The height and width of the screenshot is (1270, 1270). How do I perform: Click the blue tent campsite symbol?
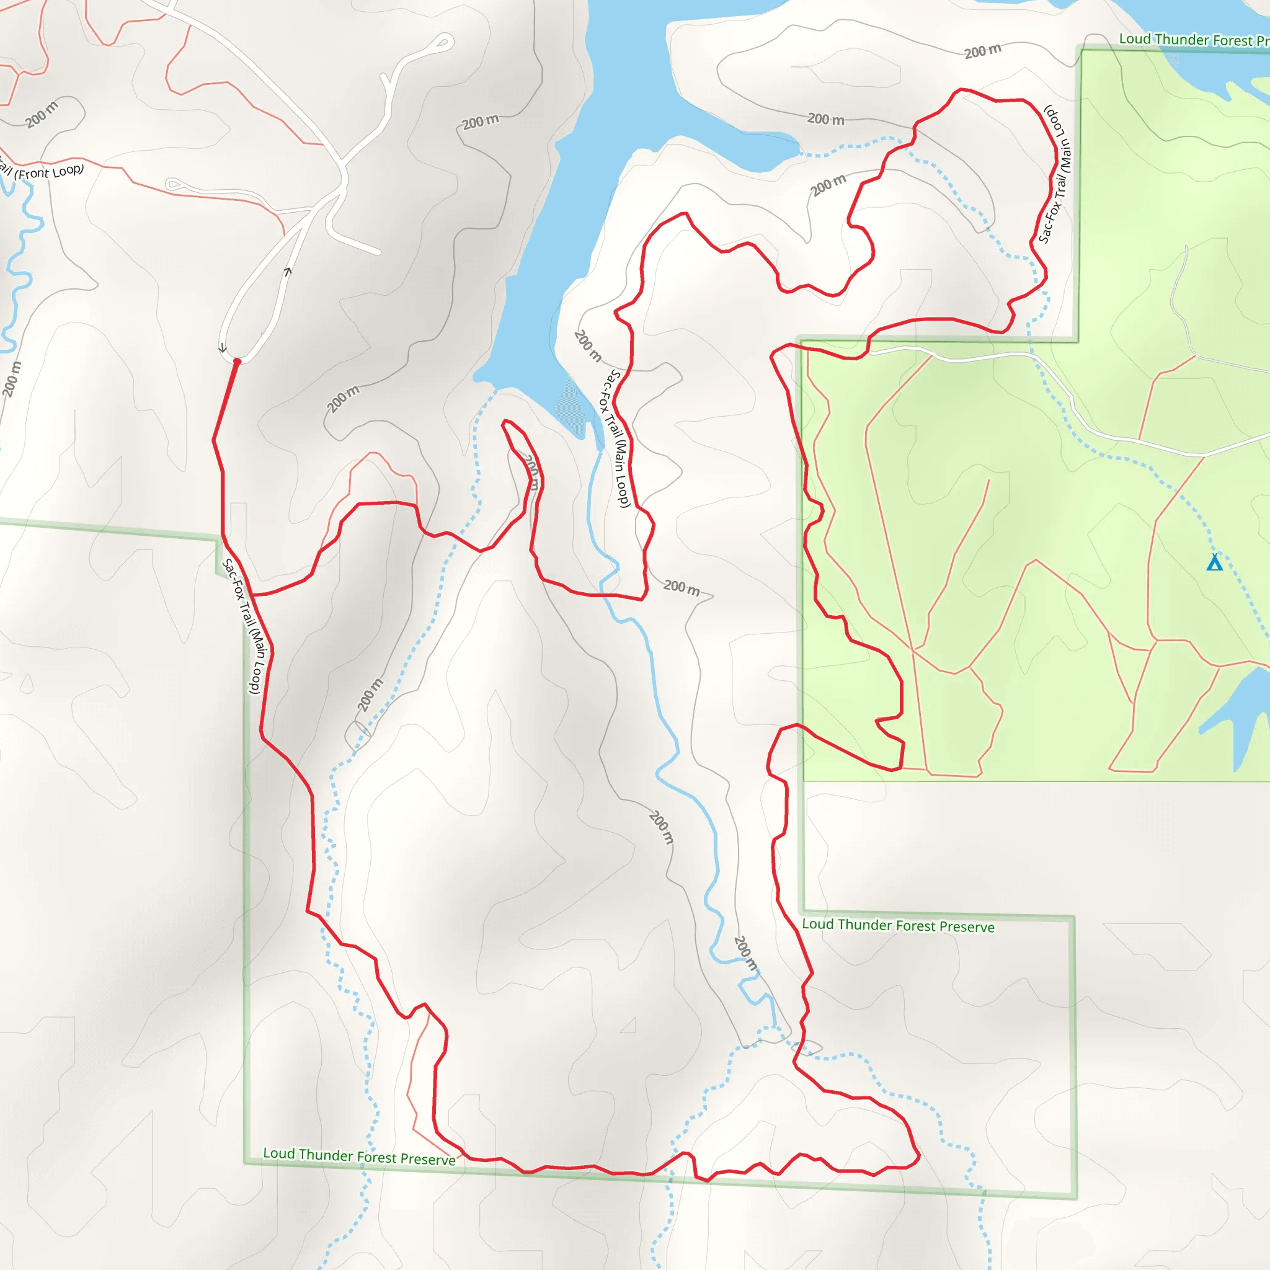point(1214,562)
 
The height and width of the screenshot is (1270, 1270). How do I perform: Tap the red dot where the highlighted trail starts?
point(238,362)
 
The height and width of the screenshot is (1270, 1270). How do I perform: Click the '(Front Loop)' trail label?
point(50,172)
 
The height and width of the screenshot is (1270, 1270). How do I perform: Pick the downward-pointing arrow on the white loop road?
point(223,349)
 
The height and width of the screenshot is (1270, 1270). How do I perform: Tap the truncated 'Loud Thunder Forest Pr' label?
point(1194,40)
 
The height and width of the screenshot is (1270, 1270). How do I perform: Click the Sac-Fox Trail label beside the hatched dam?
point(616,438)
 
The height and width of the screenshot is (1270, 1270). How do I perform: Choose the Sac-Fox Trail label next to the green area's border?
point(1054,174)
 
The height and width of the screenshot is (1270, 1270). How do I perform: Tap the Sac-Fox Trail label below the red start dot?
point(242,626)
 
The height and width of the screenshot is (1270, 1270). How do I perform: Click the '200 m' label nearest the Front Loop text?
point(42,114)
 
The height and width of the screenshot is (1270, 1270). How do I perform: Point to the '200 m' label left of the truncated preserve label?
point(983,51)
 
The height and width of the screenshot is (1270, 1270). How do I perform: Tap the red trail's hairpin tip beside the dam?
point(505,422)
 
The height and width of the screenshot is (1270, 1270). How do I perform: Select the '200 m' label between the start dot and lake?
point(343,399)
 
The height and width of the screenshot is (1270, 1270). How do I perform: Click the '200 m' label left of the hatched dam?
point(587,346)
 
